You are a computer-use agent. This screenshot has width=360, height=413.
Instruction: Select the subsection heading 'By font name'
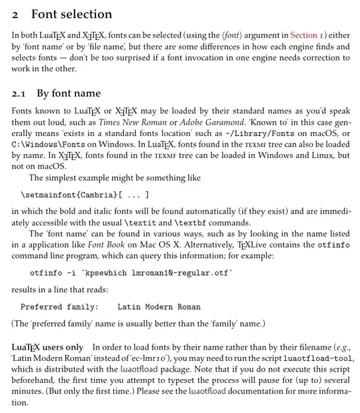(69, 93)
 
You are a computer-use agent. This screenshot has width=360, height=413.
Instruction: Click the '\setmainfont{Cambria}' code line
(69, 195)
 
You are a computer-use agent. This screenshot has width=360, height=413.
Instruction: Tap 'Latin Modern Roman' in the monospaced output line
(159, 307)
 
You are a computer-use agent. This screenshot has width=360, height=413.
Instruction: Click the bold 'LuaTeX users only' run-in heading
(47, 348)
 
